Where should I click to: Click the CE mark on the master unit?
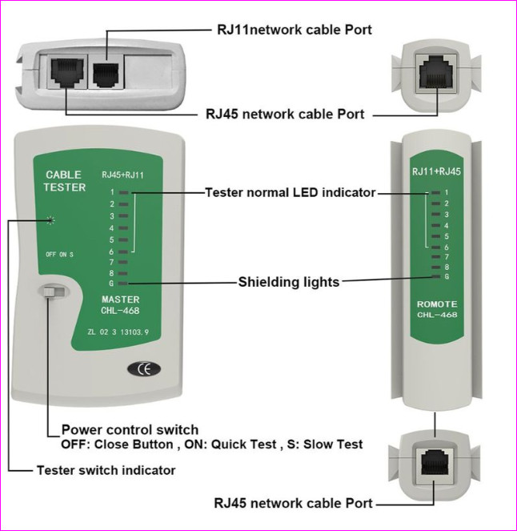[143, 369]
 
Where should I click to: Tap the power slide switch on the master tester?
[53, 295]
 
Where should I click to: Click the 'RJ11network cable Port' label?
[295, 29]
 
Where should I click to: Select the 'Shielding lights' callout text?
[289, 282]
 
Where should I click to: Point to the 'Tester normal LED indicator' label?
[290, 193]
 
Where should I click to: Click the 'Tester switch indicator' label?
[106, 470]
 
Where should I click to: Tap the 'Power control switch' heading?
[130, 429]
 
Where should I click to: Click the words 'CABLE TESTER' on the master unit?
[63, 181]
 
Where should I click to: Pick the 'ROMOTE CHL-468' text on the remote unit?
[437, 309]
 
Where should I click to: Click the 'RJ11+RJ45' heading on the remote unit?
[436, 171]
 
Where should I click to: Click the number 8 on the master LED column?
[113, 272]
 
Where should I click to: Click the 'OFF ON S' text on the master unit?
[59, 255]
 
